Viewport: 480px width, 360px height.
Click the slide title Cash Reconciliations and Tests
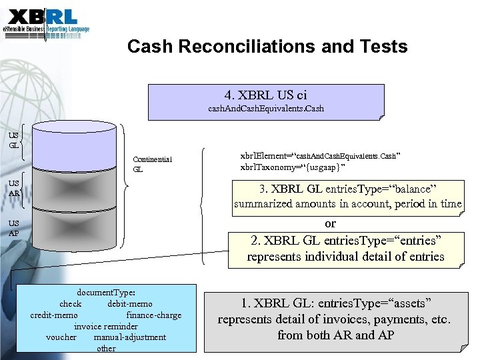(267, 47)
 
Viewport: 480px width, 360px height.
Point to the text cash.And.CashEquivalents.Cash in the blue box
(266, 108)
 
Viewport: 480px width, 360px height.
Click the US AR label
(13, 189)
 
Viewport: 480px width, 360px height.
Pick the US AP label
(13, 228)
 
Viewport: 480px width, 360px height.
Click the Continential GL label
(152, 164)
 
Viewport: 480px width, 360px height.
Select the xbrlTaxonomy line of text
(293, 167)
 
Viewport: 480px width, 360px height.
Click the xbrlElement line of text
(319, 155)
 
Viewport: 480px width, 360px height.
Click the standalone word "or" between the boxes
(330, 223)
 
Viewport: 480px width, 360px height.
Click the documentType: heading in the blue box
(107, 292)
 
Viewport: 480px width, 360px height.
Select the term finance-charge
(153, 315)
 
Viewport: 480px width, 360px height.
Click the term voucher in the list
(61, 337)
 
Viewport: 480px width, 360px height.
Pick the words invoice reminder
(106, 326)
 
